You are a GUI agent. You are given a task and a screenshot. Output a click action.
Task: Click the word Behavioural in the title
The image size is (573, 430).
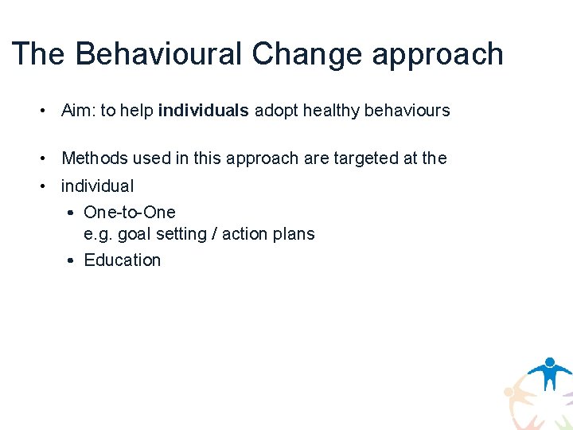pyautogui.click(x=158, y=54)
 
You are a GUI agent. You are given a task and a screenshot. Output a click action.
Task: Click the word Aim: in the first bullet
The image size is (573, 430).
pyautogui.click(x=78, y=111)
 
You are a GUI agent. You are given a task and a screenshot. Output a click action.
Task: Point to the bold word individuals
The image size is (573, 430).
pyautogui.click(x=204, y=111)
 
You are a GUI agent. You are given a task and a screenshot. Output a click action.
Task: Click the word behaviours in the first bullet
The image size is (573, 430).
pyautogui.click(x=407, y=111)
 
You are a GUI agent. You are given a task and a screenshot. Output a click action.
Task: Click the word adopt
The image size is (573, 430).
pyautogui.click(x=273, y=111)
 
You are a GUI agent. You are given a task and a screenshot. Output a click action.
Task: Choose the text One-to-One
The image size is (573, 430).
pyautogui.click(x=130, y=213)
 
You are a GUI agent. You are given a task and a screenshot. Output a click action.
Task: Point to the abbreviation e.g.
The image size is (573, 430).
pyautogui.click(x=98, y=235)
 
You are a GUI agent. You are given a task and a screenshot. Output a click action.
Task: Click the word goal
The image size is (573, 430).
pyautogui.click(x=134, y=235)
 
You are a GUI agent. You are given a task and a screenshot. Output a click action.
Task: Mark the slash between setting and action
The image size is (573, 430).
pyautogui.click(x=214, y=234)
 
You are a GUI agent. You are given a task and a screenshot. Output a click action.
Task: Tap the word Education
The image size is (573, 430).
pyautogui.click(x=122, y=260)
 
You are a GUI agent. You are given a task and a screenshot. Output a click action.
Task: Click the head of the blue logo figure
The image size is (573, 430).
pyautogui.click(x=549, y=362)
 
